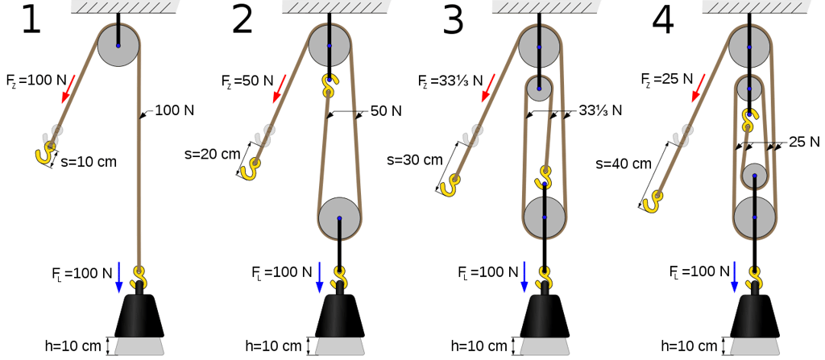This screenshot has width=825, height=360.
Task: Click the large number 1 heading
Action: pyautogui.click(x=31, y=22)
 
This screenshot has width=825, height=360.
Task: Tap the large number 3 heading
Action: pyautogui.click(x=454, y=22)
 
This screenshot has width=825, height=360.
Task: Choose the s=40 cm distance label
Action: pyautogui.click(x=624, y=163)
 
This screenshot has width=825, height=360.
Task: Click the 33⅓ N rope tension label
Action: pyautogui.click(x=600, y=111)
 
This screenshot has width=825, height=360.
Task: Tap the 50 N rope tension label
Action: pyautogui.click(x=385, y=110)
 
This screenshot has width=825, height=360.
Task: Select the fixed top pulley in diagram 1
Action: pyautogui.click(x=118, y=45)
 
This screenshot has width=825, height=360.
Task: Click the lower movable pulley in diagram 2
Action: pyautogui.click(x=340, y=218)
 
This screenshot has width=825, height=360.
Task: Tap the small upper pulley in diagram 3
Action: pyautogui.click(x=540, y=89)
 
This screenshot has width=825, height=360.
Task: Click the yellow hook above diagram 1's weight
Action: pyautogui.click(x=140, y=278)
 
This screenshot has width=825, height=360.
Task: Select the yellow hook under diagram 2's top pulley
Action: pyautogui.click(x=329, y=85)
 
